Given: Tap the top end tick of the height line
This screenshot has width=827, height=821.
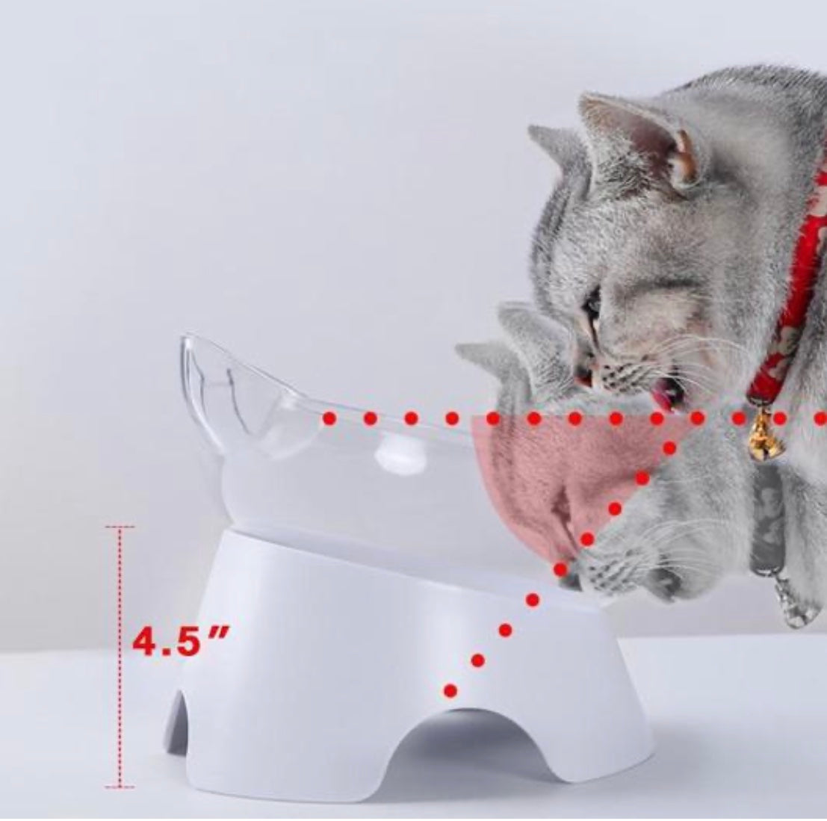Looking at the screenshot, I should (x=120, y=527).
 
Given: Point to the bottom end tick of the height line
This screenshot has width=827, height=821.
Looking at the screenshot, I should (x=120, y=786).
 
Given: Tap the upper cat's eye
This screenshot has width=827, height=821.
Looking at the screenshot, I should (x=592, y=302).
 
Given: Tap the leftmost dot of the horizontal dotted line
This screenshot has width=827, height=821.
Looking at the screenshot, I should (x=329, y=419).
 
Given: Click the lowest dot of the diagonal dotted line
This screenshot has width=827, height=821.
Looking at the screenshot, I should (x=450, y=690).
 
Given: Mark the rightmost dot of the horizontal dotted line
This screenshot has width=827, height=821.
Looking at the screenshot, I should (x=820, y=419).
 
